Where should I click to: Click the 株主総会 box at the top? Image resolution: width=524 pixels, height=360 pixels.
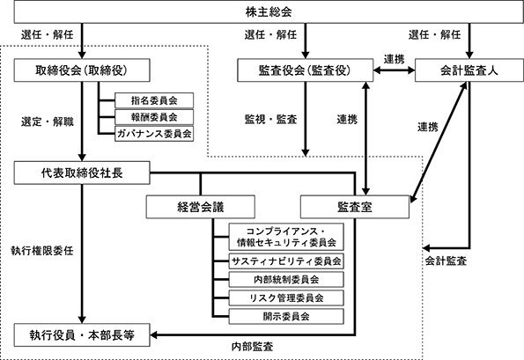(269, 12)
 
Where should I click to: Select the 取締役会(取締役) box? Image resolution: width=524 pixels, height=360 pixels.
(82, 70)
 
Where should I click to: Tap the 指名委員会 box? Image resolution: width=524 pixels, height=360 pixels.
(154, 100)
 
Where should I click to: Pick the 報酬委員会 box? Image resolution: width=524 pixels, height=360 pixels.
(154, 117)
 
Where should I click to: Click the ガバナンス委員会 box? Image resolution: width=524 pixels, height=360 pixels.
(154, 134)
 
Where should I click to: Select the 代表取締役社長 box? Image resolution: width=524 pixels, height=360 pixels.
(82, 173)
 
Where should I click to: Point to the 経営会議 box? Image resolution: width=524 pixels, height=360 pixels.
(201, 207)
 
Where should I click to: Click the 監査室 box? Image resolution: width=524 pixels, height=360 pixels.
(355, 207)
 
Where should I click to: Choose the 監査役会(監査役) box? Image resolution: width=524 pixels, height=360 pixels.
(305, 70)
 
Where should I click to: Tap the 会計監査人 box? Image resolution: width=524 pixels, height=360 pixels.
(469, 70)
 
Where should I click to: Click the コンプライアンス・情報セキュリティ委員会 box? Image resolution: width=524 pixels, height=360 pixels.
(286, 237)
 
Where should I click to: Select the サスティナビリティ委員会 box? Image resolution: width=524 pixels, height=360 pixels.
(286, 261)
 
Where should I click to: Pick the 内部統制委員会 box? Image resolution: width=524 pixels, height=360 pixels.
(286, 280)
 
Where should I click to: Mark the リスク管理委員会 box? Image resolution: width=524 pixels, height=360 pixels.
(286, 298)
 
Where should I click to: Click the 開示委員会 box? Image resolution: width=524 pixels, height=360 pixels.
(286, 316)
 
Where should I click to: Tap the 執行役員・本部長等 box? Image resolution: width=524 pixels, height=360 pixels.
(82, 335)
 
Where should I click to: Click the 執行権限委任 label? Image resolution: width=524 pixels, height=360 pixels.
(42, 251)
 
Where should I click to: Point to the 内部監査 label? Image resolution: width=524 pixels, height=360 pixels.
(252, 347)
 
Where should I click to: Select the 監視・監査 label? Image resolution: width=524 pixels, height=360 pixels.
(270, 119)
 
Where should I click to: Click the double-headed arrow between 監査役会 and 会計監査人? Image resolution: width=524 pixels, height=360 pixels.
(394, 70)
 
